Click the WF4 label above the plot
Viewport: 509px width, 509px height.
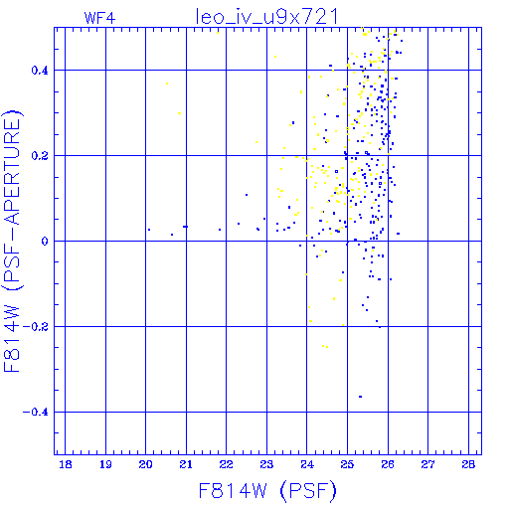[99, 18]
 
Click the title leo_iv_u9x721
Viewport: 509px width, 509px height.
[266, 17]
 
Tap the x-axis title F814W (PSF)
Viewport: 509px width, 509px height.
[267, 491]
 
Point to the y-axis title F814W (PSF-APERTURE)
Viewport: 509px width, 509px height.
[12, 242]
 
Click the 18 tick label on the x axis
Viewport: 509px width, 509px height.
[66, 464]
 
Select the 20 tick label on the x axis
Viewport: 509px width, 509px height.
[145, 464]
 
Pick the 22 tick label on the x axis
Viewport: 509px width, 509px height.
[226, 464]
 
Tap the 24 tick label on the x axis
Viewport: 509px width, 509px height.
[307, 464]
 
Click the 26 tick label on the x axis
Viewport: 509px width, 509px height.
[388, 464]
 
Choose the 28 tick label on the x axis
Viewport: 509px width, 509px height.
[468, 464]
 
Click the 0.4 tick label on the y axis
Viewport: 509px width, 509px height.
[40, 71]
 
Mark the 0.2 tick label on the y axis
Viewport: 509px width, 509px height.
[40, 156]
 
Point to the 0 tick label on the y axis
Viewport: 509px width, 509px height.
[45, 242]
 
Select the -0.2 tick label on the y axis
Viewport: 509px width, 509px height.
[36, 327]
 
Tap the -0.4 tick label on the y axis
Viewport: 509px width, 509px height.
[36, 413]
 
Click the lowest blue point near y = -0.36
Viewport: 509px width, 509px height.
[360, 397]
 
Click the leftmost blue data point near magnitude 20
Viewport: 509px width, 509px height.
[149, 230]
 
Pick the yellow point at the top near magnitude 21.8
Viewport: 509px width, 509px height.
[218, 33]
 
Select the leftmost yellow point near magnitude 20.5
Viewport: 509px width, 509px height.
[167, 84]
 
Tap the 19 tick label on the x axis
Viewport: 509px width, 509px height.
[105, 464]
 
